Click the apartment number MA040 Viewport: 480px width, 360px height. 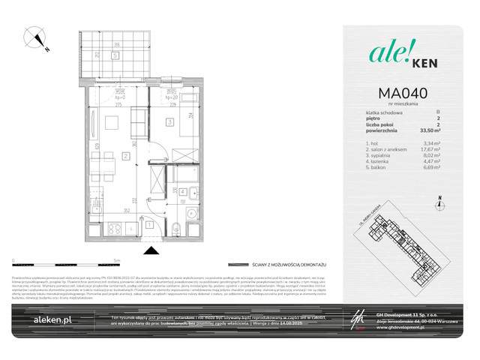[398, 93]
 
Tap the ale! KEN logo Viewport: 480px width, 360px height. [398, 52]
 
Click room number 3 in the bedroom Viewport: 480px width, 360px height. [170, 122]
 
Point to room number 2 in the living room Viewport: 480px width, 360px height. [127, 156]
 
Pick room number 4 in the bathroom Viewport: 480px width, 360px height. [182, 191]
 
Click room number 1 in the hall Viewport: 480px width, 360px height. [148, 223]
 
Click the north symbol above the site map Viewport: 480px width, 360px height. [439, 202]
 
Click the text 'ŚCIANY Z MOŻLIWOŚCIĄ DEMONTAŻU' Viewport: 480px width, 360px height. [289, 265]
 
